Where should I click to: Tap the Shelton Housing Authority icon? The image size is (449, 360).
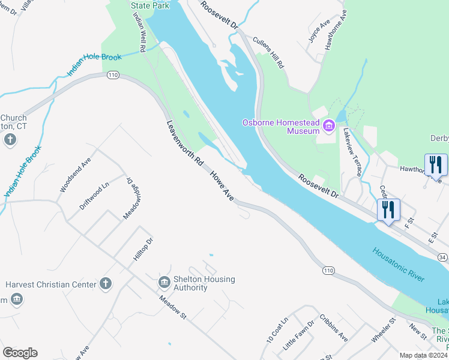pos(164,282)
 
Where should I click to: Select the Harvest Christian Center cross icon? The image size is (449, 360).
pos(106,283)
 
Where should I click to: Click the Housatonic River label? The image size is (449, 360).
pos(398,265)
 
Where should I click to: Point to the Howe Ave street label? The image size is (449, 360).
pos(221,185)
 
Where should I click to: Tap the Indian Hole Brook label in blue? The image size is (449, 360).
pos(94,65)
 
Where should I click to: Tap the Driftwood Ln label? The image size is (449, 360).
pos(94,196)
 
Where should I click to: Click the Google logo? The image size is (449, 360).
pos(20,353)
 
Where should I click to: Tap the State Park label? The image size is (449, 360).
pos(150,5)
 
